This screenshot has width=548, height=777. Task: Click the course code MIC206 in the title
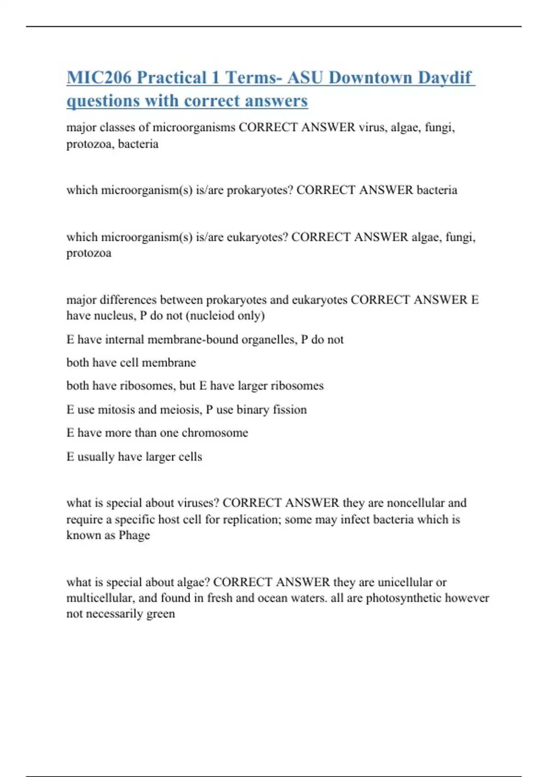click(x=99, y=77)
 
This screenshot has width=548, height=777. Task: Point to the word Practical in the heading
click(x=171, y=77)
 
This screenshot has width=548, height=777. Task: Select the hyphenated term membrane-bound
click(x=193, y=340)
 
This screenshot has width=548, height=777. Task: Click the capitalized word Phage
click(x=134, y=535)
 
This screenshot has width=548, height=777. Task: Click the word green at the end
click(x=160, y=614)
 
